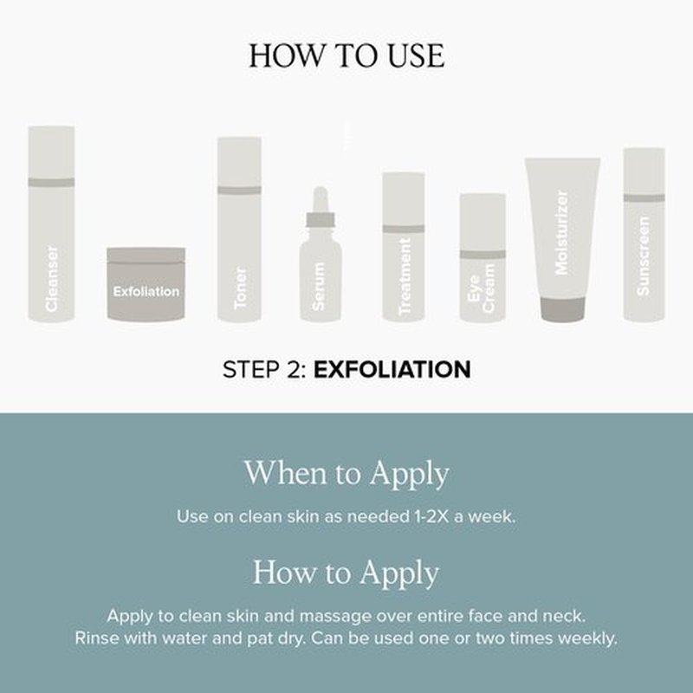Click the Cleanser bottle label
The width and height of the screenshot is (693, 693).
pyautogui.click(x=52, y=279)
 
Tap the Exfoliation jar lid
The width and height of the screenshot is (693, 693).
pyautogui.click(x=146, y=255)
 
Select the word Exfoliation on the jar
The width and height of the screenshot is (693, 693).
pyautogui.click(x=146, y=292)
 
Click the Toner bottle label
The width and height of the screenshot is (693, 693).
pyautogui.click(x=240, y=288)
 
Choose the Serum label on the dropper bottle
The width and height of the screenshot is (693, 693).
pyautogui.click(x=318, y=287)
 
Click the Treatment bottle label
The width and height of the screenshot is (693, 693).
pyautogui.click(x=405, y=276)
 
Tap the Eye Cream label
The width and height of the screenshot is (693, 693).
pyautogui.click(x=481, y=288)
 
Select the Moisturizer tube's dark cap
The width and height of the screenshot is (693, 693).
pyautogui.click(x=562, y=308)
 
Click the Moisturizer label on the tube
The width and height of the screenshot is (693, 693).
pyautogui.click(x=561, y=232)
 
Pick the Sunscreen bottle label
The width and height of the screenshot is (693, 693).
pyautogui.click(x=643, y=256)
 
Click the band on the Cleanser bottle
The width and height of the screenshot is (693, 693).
pyautogui.click(x=51, y=182)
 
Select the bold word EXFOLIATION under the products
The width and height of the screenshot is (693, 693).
pyautogui.click(x=392, y=370)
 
